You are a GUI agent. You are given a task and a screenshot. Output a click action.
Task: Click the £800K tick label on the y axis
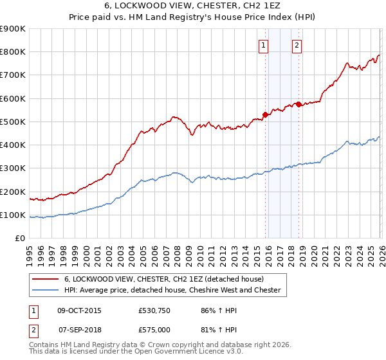tap(12, 52)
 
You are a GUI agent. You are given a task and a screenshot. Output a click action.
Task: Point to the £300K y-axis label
tap(12, 168)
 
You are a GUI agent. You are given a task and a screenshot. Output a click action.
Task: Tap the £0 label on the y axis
tap(21, 239)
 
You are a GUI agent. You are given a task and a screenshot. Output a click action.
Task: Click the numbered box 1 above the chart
tap(264, 45)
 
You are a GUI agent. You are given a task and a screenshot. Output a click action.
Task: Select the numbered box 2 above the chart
tap(297, 45)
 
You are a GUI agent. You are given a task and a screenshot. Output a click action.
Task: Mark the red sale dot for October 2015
tap(265, 114)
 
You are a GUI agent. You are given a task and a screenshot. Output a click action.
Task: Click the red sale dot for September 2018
tap(299, 104)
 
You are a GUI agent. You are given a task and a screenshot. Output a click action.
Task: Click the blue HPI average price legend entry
tap(172, 291)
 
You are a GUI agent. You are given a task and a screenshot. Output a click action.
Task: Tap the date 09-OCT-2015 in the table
tap(79, 310)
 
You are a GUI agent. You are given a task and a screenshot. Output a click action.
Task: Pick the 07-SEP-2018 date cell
tap(79, 329)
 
